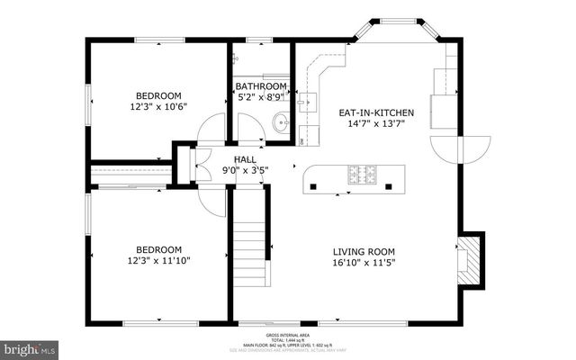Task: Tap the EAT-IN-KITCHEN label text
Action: [375, 112]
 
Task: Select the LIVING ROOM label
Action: [364, 251]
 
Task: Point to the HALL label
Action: [245, 159]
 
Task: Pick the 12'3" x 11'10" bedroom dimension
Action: [158, 260]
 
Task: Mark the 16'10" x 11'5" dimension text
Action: [364, 262]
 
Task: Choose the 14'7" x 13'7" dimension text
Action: [376, 123]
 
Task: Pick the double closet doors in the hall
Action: [190, 165]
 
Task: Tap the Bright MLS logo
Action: [31, 346]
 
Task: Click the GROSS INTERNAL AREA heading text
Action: [287, 332]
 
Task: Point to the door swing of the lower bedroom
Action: [209, 200]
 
